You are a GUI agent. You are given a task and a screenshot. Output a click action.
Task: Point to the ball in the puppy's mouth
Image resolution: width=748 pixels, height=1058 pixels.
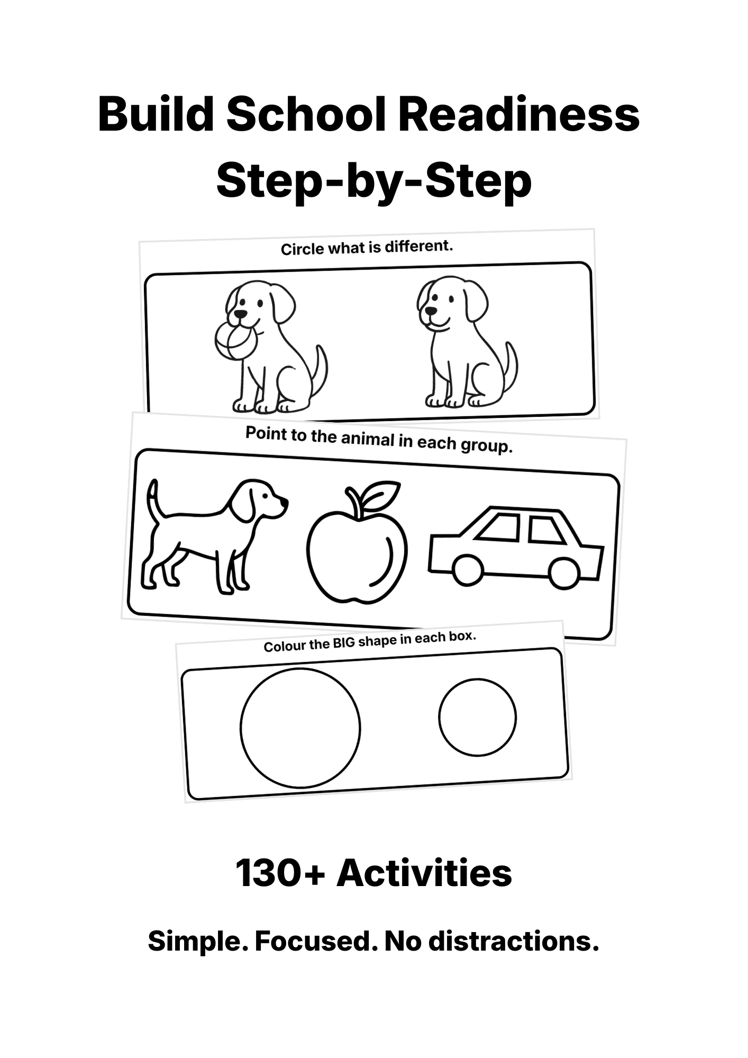(234, 342)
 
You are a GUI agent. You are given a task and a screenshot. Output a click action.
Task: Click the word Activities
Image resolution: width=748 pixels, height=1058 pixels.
(424, 873)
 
